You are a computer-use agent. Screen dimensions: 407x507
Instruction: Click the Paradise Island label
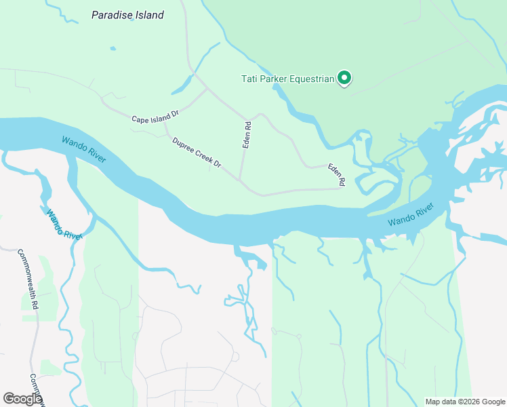127,15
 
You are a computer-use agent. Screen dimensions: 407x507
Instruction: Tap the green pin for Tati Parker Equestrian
344,79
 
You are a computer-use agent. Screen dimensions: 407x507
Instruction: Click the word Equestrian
312,79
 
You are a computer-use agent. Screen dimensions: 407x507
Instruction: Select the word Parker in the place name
274,79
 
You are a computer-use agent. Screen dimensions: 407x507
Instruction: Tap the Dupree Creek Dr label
197,153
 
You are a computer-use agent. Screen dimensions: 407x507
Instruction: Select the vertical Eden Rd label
248,134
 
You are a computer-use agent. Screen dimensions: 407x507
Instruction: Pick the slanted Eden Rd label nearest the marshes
337,174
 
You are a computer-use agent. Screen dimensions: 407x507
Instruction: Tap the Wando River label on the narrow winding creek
64,223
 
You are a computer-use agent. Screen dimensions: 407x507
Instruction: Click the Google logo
23,399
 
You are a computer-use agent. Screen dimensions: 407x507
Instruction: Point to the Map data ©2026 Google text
465,402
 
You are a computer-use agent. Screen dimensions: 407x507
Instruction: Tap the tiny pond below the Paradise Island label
112,49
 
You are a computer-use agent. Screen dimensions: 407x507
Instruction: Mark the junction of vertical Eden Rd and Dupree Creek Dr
241,181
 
